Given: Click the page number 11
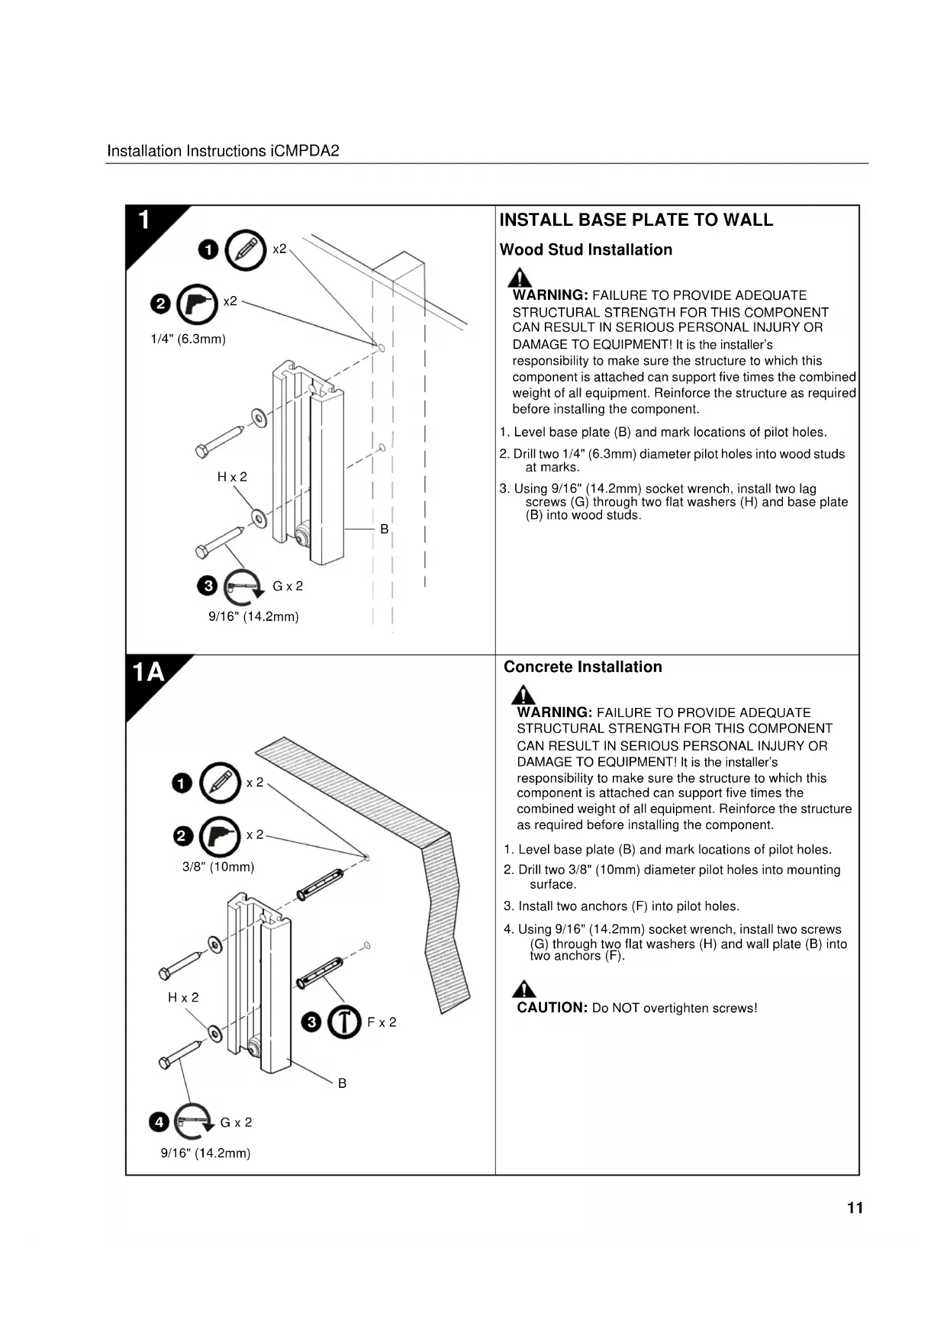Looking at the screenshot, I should (855, 1208).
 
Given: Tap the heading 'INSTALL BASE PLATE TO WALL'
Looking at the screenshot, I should (636, 220).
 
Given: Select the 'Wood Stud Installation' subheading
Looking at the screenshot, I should (585, 250).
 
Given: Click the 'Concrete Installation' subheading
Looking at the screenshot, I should (582, 667).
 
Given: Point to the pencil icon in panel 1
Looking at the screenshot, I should (246, 249).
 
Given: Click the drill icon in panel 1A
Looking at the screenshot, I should (220, 837).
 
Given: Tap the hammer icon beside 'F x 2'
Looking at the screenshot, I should (344, 1022).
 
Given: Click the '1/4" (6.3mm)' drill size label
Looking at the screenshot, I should (188, 339).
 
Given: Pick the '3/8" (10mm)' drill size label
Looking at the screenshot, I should (218, 867).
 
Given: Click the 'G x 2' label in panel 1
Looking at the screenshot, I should (288, 586).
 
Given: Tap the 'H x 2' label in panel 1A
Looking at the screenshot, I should (183, 997).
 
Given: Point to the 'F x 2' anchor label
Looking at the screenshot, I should (382, 1022).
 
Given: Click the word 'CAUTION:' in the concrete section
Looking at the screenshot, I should (552, 1008).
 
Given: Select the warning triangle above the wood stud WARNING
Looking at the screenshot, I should (520, 278).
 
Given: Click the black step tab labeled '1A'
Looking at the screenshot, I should (150, 673).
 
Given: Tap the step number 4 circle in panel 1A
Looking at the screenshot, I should (159, 1122).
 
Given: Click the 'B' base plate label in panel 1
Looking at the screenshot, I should (384, 529).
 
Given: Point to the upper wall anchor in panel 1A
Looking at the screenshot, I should (320, 884).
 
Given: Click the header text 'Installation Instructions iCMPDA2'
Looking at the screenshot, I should (223, 151).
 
